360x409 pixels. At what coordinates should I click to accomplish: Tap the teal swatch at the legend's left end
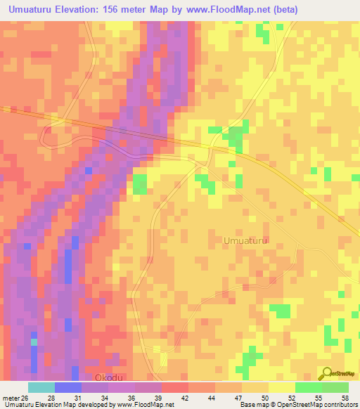[x=41, y=387]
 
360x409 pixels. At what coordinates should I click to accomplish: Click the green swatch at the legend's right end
[x=335, y=387]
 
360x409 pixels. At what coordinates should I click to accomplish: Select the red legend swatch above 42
[x=174, y=387]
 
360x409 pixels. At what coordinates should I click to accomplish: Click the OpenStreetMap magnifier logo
[x=326, y=374]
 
